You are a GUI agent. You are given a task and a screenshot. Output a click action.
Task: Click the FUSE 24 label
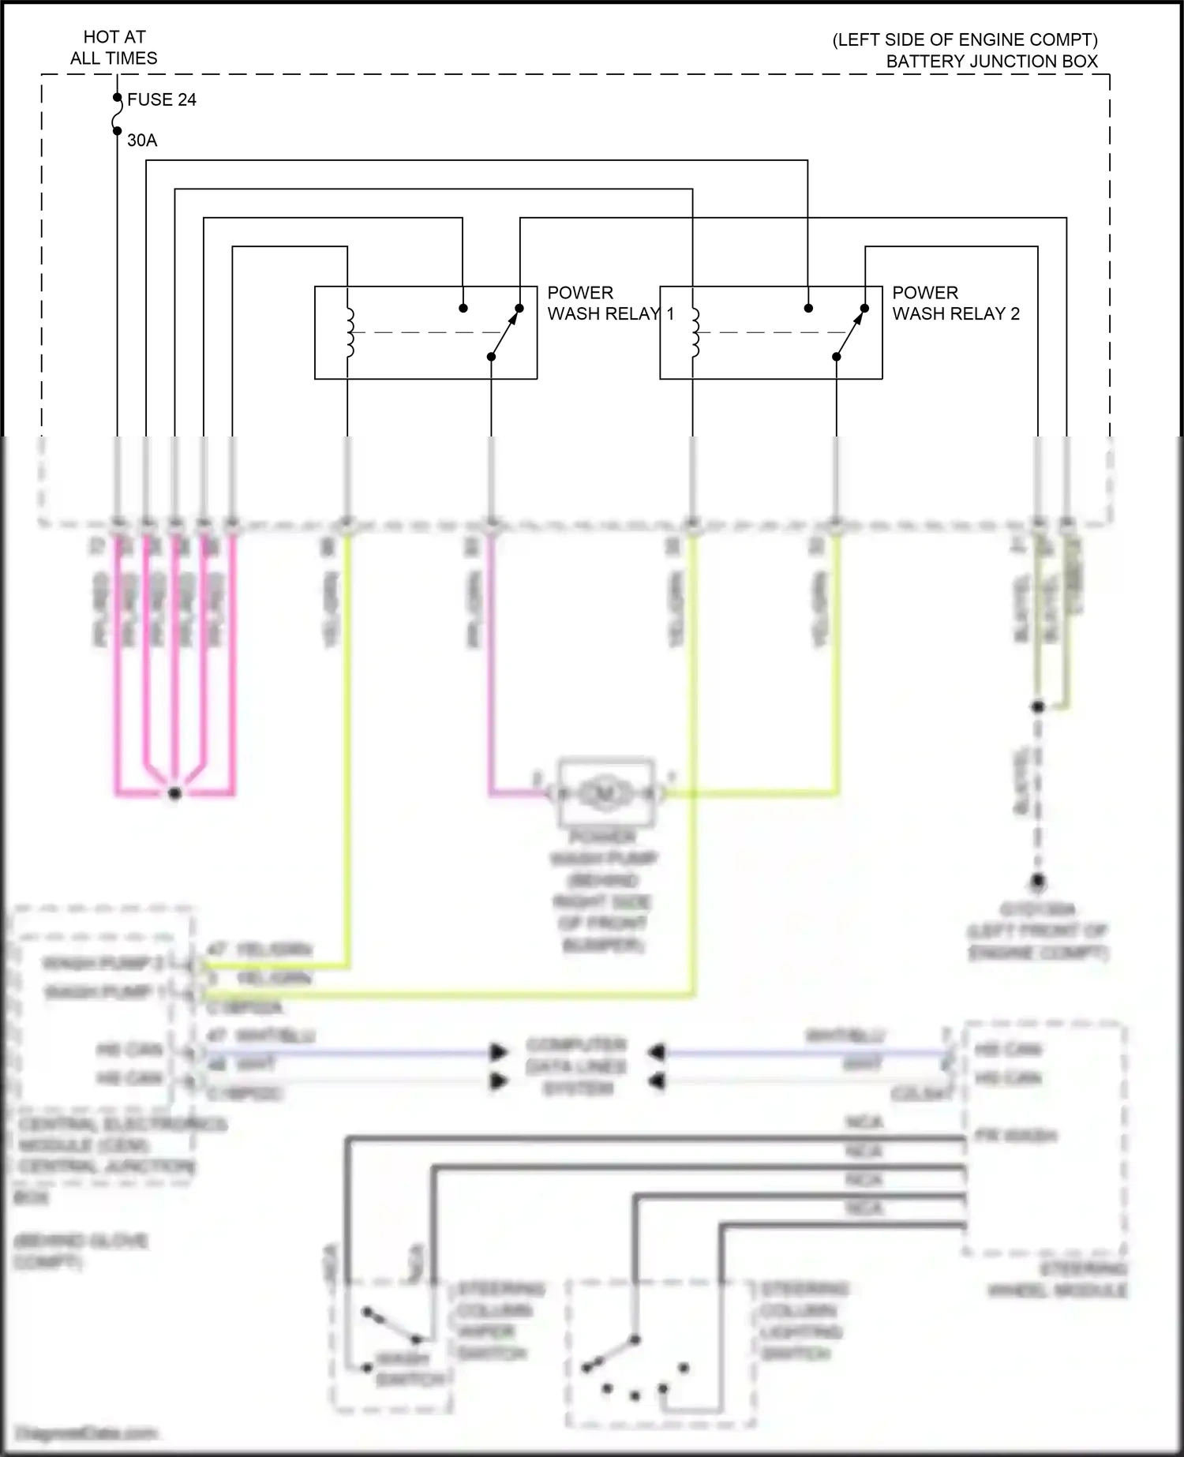pyautogui.click(x=161, y=99)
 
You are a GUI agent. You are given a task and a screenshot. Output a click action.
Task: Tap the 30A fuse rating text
pyautogui.click(x=142, y=140)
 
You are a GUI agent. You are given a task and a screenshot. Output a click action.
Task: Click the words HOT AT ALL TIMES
pyautogui.click(x=114, y=47)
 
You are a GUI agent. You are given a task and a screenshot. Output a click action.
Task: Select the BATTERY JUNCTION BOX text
pyautogui.click(x=991, y=62)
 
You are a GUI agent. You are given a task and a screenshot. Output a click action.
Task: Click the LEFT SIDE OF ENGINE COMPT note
pyautogui.click(x=965, y=40)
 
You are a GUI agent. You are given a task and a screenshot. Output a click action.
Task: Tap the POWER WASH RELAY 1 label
pyautogui.click(x=610, y=303)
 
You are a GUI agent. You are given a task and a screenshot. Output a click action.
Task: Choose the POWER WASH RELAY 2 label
pyautogui.click(x=955, y=303)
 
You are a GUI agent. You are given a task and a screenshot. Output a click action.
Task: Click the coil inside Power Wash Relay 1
pyautogui.click(x=349, y=332)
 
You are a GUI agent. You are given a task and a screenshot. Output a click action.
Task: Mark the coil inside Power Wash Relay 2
pyautogui.click(x=694, y=332)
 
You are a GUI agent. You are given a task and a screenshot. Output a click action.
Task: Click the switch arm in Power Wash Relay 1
pyautogui.click(x=505, y=332)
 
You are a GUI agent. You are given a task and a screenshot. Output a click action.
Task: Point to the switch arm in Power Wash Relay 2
pyautogui.click(x=850, y=332)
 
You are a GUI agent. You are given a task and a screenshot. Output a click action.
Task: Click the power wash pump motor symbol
pyautogui.click(x=605, y=792)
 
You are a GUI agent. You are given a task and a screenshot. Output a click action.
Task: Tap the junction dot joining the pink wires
pyautogui.click(x=175, y=793)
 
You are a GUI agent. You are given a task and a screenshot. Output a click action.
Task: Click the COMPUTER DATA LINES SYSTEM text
pyautogui.click(x=577, y=1066)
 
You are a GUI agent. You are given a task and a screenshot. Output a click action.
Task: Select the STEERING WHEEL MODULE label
pyautogui.click(x=1057, y=1280)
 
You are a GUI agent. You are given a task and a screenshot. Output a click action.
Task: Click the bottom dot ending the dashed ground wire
pyautogui.click(x=1038, y=880)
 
